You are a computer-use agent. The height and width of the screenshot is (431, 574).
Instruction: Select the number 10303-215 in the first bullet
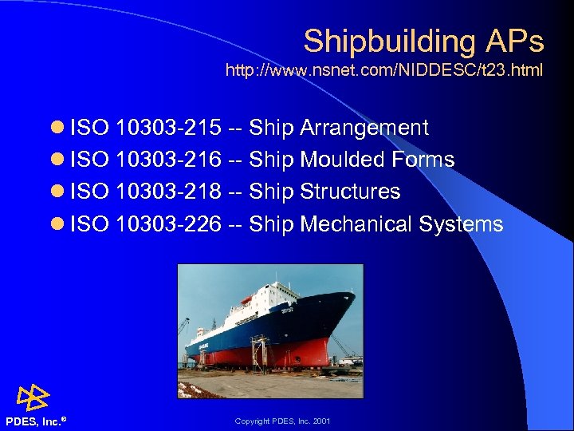click(168, 128)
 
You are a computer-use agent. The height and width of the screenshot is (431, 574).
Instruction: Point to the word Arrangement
click(364, 128)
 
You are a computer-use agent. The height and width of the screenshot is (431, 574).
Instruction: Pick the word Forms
click(423, 160)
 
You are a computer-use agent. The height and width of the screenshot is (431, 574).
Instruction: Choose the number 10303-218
click(168, 192)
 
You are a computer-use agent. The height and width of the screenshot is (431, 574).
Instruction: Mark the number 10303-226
click(168, 224)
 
